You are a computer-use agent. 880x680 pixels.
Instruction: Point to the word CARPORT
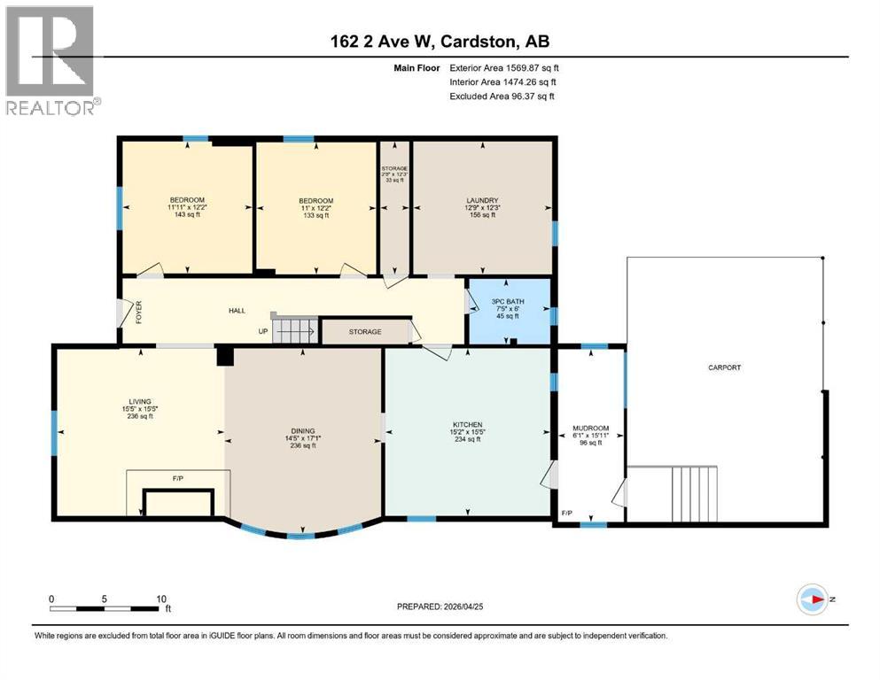tap(724, 367)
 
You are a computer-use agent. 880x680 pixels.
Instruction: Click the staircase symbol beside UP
tap(293, 332)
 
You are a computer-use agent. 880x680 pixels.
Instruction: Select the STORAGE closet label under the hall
tap(364, 332)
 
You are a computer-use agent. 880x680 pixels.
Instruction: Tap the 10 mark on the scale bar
tap(160, 599)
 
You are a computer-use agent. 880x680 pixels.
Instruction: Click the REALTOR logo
tap(51, 60)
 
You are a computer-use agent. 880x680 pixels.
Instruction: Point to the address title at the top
tap(440, 41)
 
